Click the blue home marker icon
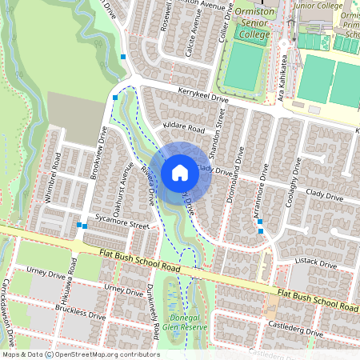click(x=180, y=173)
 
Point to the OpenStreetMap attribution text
click(x=80, y=354)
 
